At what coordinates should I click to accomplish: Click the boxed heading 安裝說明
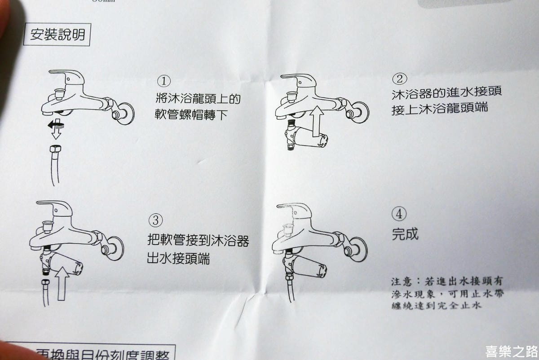pos(57,35)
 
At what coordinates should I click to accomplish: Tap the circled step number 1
pos(164,81)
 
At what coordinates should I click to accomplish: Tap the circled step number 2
pos(399,79)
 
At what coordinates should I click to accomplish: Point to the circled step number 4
pos(399,214)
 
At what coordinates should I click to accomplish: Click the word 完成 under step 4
pos(405,234)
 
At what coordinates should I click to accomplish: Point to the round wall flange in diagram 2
pos(360,112)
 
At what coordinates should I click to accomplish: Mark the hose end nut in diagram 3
pos(46,284)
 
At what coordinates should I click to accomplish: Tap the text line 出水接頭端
pos(178,259)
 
